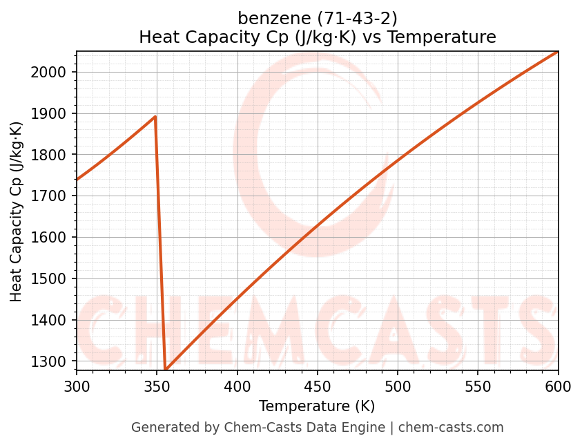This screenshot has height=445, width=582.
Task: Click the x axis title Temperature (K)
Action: tap(317, 406)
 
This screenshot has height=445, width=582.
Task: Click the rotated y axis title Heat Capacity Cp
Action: tap(17, 211)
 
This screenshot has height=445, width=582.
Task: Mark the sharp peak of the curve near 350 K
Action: tap(155, 117)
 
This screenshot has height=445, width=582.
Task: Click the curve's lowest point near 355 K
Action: tap(166, 370)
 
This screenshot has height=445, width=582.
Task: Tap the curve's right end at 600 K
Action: tap(557, 52)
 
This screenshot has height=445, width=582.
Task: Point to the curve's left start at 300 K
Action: tap(77, 180)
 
